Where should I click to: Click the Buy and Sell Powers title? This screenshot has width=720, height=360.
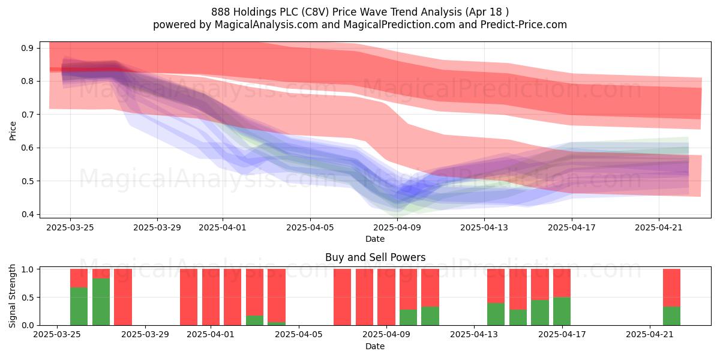375,257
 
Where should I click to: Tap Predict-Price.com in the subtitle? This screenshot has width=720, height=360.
524,25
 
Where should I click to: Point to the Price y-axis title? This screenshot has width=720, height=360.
13,131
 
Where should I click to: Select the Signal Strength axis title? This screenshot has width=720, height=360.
12,296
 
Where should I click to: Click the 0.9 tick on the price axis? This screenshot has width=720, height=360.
27,48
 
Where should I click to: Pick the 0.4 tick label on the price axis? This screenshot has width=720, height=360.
27,214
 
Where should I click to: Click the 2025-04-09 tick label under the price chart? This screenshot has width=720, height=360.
397,227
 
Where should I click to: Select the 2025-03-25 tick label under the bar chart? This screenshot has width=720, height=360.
57,334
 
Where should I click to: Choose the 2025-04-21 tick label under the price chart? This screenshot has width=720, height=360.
659,227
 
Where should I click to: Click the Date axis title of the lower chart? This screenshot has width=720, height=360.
375,346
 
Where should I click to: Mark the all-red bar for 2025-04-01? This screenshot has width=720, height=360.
211,297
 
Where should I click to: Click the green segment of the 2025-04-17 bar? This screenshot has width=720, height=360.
562,311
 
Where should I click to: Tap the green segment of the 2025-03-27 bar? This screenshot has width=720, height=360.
101,302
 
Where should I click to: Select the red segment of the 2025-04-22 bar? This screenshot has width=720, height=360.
671,287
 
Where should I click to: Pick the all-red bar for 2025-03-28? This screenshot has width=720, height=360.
123,297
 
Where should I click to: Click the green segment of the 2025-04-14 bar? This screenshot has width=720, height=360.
496,314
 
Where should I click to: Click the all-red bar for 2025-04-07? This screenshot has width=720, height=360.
343,297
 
